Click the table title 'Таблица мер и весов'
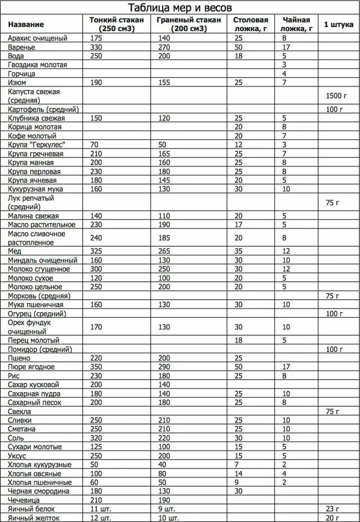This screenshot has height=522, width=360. coord(180,8)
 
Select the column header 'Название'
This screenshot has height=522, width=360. coord(26,25)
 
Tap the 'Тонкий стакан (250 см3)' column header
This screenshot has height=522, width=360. coord(116,24)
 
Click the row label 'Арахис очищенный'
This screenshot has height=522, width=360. coord(38,38)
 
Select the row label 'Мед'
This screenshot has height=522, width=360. coord(15,251)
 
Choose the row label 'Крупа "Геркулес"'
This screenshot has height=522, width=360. coord(35,145)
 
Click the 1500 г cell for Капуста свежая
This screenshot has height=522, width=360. coord(334,96)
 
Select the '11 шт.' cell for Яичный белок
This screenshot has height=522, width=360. coord(98,509)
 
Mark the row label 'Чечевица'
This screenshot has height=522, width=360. coord(25,500)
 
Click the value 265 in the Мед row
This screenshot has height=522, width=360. coord(164,251)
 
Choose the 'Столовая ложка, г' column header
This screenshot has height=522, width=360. coord(250,24)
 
